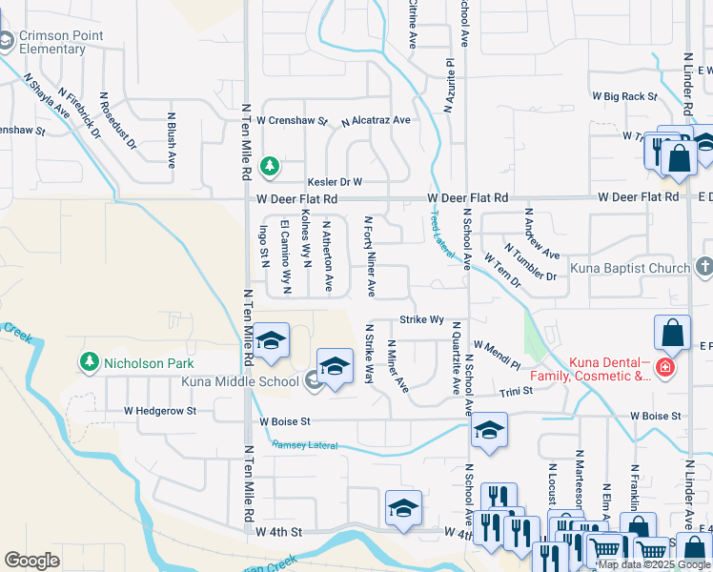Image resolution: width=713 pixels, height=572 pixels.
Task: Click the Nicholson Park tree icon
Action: point(90,362)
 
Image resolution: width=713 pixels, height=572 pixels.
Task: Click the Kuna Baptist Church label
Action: point(630,268)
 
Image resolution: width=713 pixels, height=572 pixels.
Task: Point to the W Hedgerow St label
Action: point(159,411)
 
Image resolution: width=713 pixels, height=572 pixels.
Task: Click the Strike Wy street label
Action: point(422,319)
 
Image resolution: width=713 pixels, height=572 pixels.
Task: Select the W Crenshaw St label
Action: point(292,121)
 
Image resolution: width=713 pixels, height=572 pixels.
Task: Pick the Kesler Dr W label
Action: point(335,181)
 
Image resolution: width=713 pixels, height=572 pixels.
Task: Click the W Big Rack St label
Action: point(624,96)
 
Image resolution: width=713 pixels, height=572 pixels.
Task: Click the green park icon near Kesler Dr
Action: point(271,167)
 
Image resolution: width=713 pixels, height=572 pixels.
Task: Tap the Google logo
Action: point(32,561)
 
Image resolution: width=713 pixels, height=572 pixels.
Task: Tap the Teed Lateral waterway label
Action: point(440,233)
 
